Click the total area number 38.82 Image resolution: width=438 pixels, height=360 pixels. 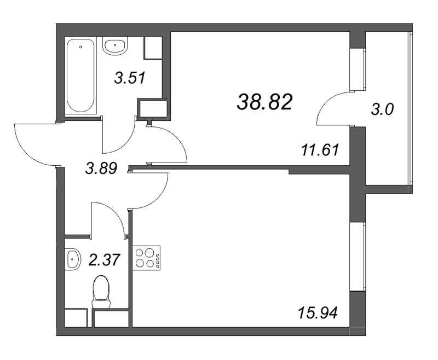(264, 102)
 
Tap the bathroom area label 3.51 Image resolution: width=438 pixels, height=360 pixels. (130, 78)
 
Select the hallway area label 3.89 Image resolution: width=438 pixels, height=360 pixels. (101, 169)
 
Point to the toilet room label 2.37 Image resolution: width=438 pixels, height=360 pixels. (104, 260)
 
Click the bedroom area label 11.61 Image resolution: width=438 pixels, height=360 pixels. (320, 150)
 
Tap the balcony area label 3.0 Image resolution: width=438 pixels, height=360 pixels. (382, 109)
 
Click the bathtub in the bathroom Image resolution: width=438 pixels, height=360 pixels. (80, 75)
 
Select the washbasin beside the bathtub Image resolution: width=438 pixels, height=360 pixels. (115, 45)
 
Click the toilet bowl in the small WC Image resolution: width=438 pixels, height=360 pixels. (101, 292)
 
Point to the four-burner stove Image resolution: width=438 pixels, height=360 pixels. (146, 258)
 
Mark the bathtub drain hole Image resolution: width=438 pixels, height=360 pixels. (80, 47)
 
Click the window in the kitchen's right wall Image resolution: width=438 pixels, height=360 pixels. (358, 257)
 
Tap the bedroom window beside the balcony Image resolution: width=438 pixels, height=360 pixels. (358, 70)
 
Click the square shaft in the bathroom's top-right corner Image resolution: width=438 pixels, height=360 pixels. (153, 48)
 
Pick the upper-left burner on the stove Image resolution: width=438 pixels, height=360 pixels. (139, 253)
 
